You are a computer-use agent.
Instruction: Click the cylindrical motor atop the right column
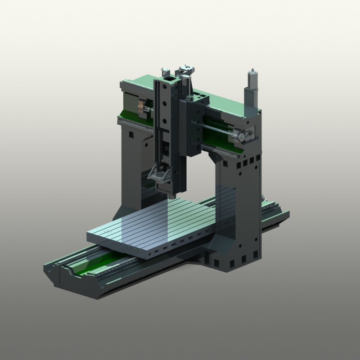pyautogui.click(x=251, y=81)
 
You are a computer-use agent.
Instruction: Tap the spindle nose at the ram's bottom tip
pyautogui.click(x=172, y=195)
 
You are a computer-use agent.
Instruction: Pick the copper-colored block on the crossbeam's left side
pyautogui.click(x=141, y=107)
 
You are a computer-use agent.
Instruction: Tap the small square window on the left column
pyautogui.click(x=130, y=134)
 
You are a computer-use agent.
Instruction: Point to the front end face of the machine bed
pyautogui.click(x=74, y=281)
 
